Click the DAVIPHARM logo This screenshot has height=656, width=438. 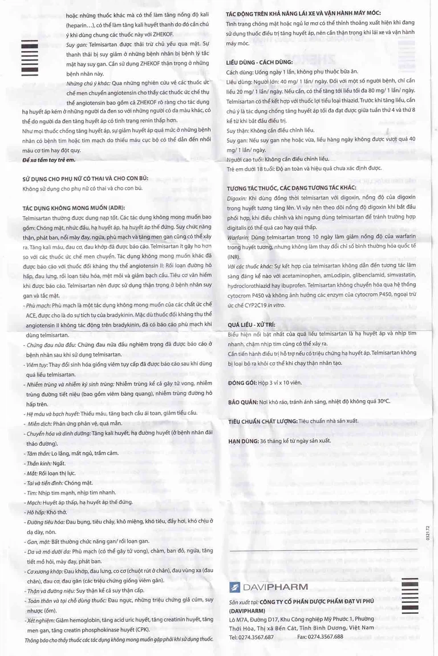(x=267, y=587)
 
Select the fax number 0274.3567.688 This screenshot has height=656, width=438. (x=325, y=637)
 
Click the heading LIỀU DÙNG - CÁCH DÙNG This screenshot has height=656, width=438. (x=259, y=62)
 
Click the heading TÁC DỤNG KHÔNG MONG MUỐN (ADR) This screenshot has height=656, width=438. (x=72, y=208)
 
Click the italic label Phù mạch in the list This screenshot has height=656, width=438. (x=38, y=306)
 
